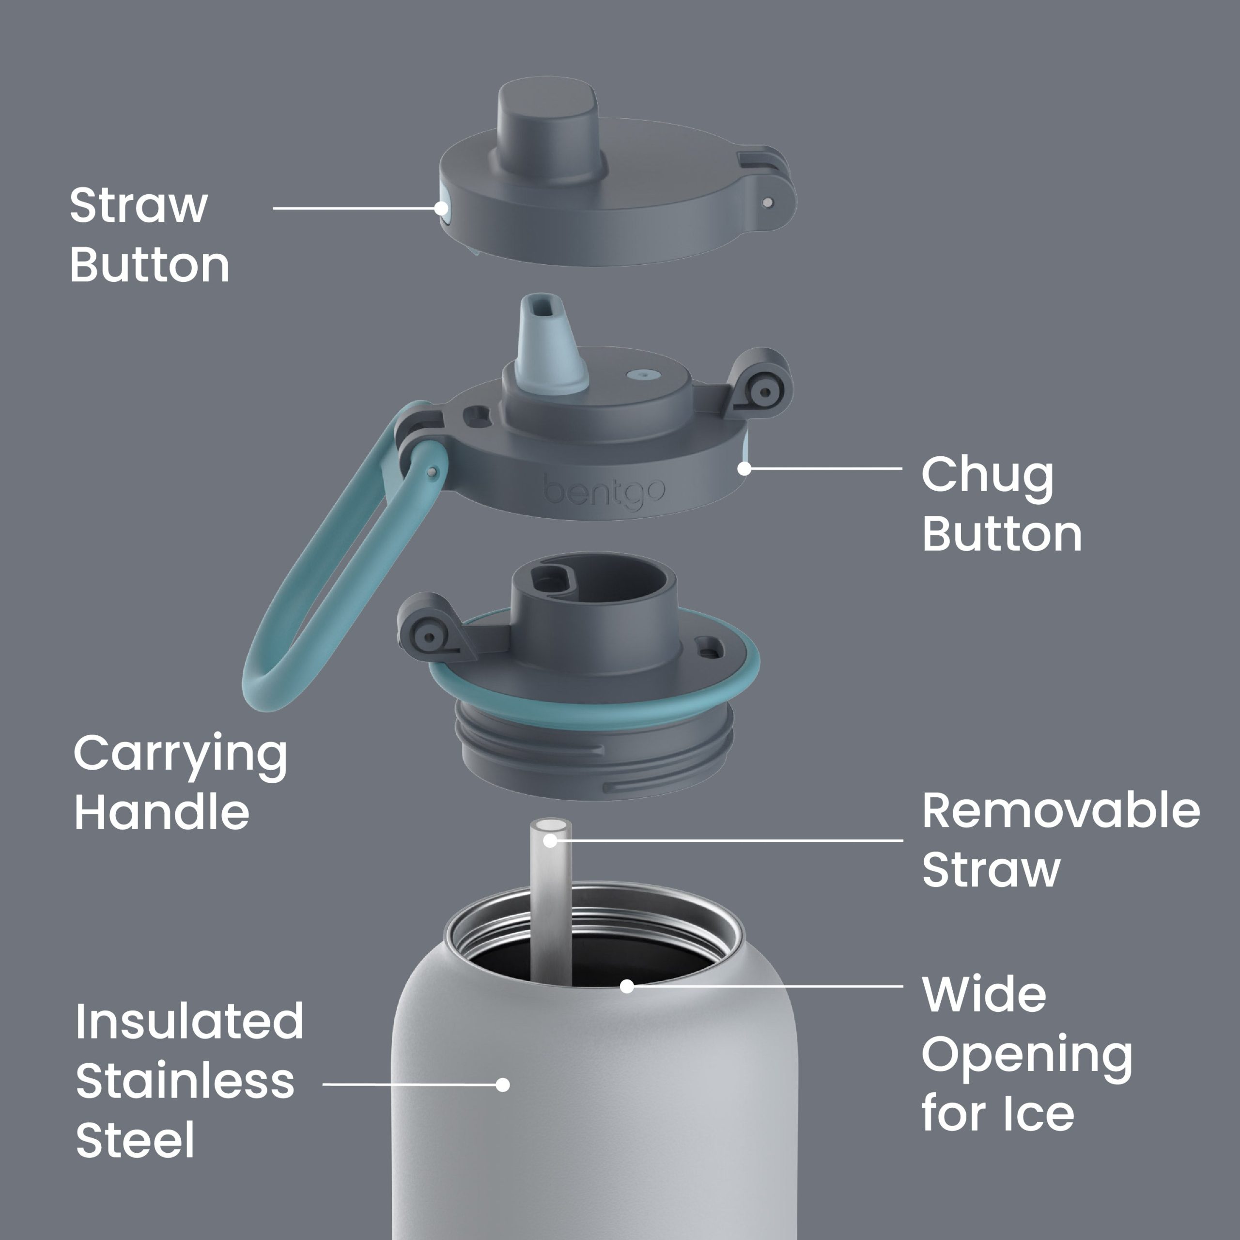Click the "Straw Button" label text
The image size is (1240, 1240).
click(149, 234)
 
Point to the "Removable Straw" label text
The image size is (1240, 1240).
click(1061, 839)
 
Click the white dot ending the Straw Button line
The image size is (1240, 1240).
click(441, 208)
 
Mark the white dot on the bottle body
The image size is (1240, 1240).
click(503, 1085)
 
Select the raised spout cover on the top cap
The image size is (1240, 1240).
click(549, 132)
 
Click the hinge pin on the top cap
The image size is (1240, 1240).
click(768, 203)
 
